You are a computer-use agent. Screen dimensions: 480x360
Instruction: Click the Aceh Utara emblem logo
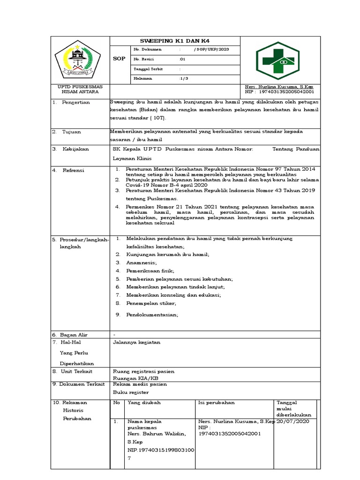pos(75,60)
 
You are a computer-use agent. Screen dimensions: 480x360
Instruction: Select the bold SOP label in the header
pos(120,59)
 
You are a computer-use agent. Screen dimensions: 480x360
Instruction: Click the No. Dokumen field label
pos(147,49)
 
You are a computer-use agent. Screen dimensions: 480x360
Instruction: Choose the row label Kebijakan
pos(75,149)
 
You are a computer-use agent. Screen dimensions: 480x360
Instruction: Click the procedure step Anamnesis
pos(141,262)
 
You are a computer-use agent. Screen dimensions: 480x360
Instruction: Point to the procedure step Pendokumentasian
pos(152,315)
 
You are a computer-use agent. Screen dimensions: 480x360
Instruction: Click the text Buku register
pos(131,392)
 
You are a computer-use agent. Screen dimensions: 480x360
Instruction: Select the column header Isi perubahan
pos(217,402)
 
